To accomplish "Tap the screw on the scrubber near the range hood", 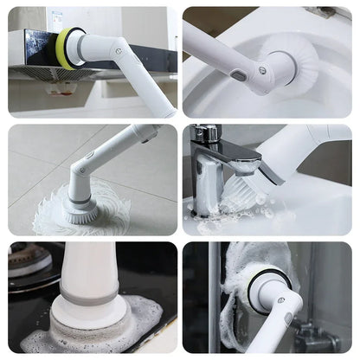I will coord(118,52).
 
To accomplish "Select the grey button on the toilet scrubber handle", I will coord(238,75).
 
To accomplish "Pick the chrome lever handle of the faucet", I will coord(204,133).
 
